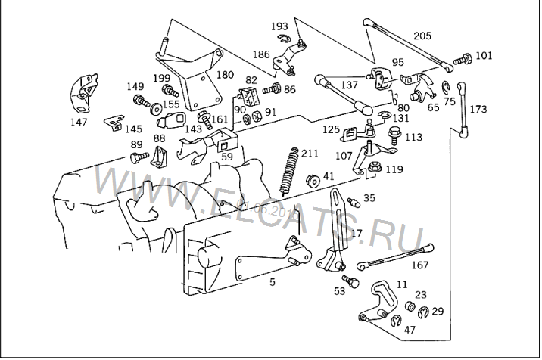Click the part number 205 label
422,35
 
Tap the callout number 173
478,110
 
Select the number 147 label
78,122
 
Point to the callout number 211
309,155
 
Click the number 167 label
420,265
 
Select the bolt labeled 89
139,158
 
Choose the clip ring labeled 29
422,312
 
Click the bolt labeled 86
272,90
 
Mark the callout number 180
225,75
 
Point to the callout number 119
394,170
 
